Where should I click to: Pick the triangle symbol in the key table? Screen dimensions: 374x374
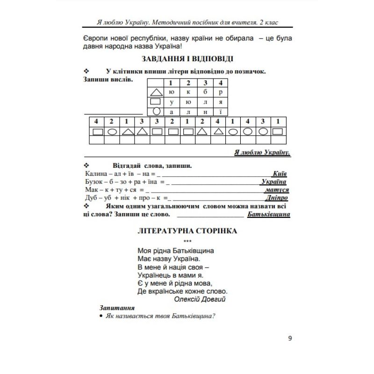(x=155, y=93)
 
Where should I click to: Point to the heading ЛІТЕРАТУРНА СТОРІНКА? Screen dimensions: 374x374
(x=187, y=231)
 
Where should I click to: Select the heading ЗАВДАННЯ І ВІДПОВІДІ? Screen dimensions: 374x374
(x=187, y=59)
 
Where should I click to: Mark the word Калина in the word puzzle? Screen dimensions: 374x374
(x=95, y=173)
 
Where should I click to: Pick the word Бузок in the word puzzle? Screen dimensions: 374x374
(x=94, y=181)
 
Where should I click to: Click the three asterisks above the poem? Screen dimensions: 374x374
(x=187, y=241)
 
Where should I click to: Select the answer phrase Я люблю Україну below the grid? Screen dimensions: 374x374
(x=262, y=152)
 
